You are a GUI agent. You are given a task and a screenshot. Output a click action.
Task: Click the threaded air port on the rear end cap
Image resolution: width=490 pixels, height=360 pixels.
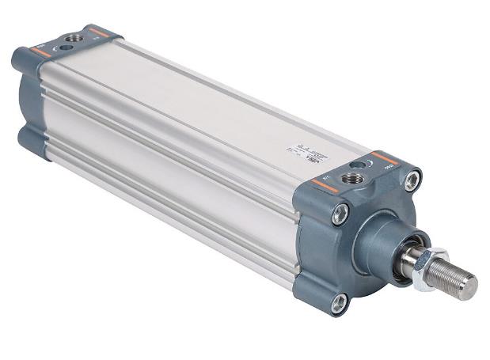75,37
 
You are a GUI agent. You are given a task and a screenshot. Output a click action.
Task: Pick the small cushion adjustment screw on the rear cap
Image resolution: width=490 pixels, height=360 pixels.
64,47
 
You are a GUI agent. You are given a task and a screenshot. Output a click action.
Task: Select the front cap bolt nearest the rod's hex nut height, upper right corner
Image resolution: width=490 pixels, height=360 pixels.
411,181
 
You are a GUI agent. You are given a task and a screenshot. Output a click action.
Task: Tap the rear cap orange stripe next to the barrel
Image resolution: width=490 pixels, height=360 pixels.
99,32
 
